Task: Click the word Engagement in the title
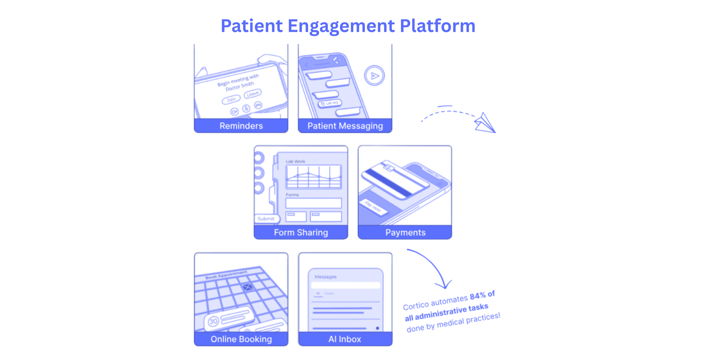341,26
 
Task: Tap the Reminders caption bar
241,126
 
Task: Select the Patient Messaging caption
345,126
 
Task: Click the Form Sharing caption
301,233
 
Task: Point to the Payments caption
405,233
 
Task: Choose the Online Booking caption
241,339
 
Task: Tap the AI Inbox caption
345,339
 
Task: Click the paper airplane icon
485,123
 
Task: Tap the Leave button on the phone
252,94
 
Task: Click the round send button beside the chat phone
374,76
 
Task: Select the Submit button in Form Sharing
266,219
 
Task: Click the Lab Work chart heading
295,161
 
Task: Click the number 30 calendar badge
213,321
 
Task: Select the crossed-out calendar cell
247,287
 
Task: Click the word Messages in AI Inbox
325,277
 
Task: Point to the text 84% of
482,295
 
